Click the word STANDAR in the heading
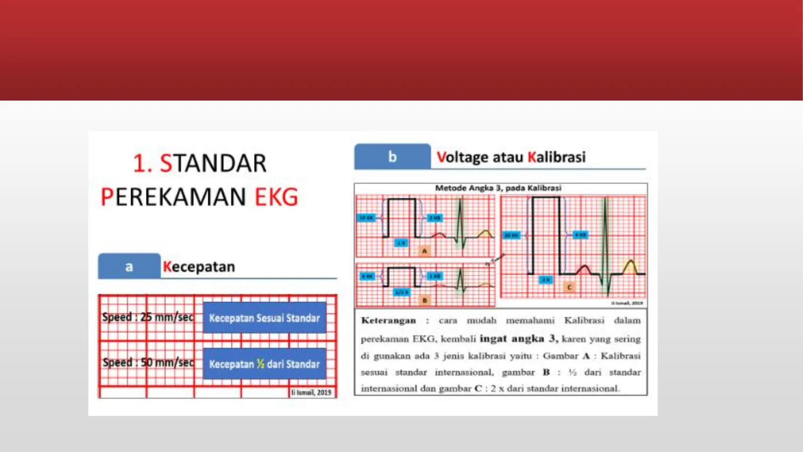[213, 164]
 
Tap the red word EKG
[276, 197]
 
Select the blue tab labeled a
[129, 267]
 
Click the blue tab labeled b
[392, 157]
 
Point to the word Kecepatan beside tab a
[199, 267]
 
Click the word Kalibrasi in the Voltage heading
[556, 157]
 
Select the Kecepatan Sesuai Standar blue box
[264, 318]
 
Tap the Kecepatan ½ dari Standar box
[264, 364]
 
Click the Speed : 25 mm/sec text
[148, 317]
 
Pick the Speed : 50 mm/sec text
[148, 362]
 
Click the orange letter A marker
[424, 251]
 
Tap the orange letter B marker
[425, 301]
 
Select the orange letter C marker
[569, 288]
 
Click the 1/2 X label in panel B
[401, 292]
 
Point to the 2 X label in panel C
[546, 280]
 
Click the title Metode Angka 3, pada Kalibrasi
[498, 188]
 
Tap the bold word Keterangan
[388, 321]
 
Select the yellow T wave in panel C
[630, 267]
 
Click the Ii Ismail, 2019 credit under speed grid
[311, 392]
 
